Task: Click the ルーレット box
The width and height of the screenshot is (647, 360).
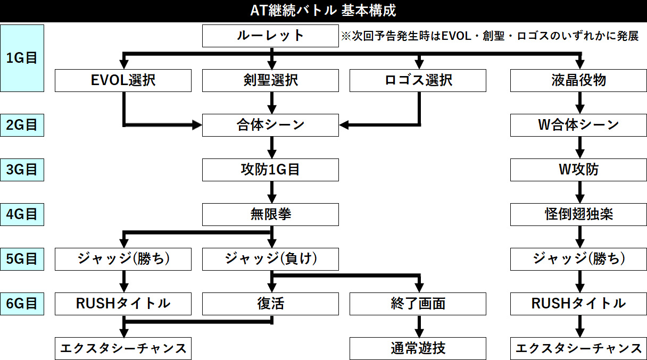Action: click(x=270, y=36)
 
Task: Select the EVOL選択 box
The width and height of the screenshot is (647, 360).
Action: click(x=123, y=80)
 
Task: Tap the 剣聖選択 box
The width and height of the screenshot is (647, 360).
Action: click(x=270, y=80)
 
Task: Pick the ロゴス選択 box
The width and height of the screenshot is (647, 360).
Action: click(x=418, y=80)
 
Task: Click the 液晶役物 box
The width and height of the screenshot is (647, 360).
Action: click(x=578, y=80)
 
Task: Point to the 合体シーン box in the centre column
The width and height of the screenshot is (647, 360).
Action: click(x=270, y=125)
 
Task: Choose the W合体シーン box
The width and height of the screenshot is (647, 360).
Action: click(x=578, y=125)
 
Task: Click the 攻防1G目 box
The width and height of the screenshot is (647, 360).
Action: click(x=270, y=170)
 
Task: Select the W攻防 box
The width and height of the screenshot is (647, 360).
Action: click(x=578, y=170)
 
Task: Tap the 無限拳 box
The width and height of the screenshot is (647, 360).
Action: click(x=270, y=214)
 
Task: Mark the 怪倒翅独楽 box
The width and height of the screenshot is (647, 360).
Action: click(x=578, y=214)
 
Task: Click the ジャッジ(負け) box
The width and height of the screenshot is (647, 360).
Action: click(x=270, y=259)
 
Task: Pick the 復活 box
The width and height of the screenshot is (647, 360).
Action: click(x=270, y=304)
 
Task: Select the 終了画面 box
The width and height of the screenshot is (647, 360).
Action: click(x=418, y=304)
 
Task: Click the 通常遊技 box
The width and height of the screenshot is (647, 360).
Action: click(x=418, y=348)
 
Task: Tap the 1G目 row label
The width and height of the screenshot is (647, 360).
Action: click(x=22, y=58)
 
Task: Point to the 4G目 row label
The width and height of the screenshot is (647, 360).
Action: click(x=22, y=214)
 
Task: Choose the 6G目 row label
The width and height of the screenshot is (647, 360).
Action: click(x=22, y=304)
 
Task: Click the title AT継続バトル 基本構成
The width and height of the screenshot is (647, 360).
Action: click(x=323, y=11)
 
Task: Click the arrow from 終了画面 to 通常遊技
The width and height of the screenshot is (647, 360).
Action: click(x=419, y=326)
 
